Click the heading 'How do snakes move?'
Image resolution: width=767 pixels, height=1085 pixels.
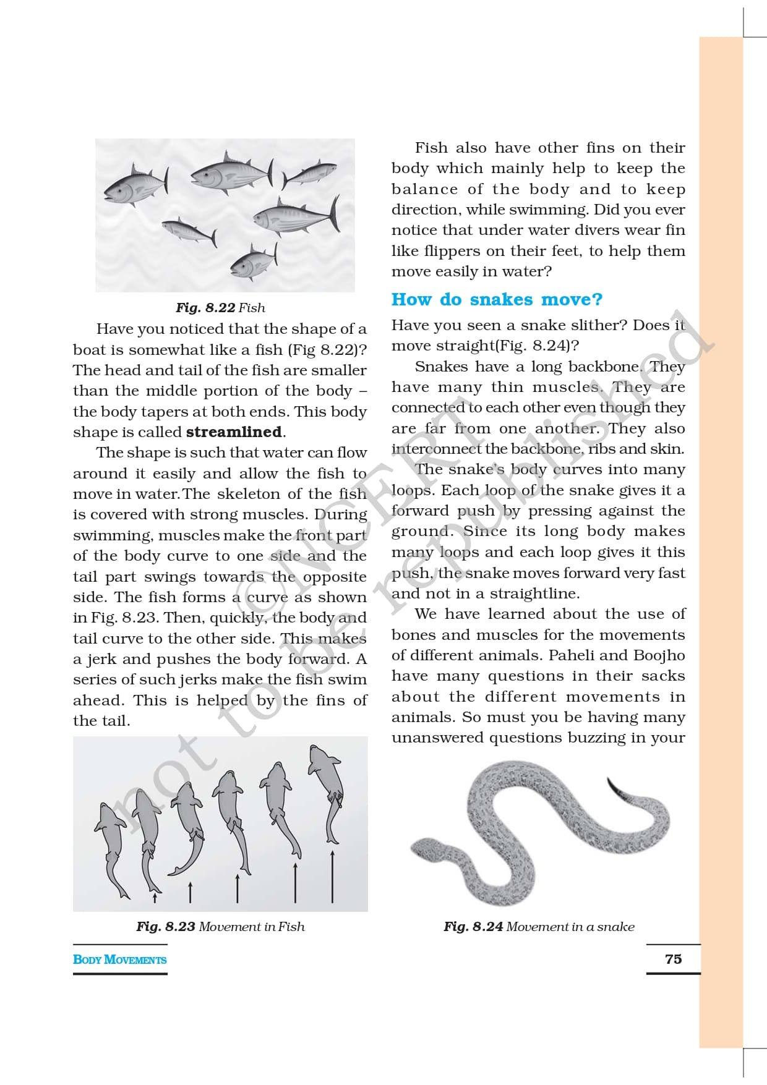click(x=497, y=300)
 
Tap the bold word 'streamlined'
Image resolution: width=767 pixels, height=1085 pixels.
click(x=234, y=432)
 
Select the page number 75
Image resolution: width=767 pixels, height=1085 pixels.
click(x=673, y=959)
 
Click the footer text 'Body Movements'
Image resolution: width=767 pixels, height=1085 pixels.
click(x=119, y=959)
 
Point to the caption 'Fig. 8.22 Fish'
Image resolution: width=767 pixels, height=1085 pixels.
click(x=220, y=308)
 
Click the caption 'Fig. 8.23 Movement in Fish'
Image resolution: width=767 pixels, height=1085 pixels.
click(x=220, y=927)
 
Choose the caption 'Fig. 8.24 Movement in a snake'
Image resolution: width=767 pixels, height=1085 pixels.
click(x=539, y=927)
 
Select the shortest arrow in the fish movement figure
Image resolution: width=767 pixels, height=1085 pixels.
click(x=155, y=896)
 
